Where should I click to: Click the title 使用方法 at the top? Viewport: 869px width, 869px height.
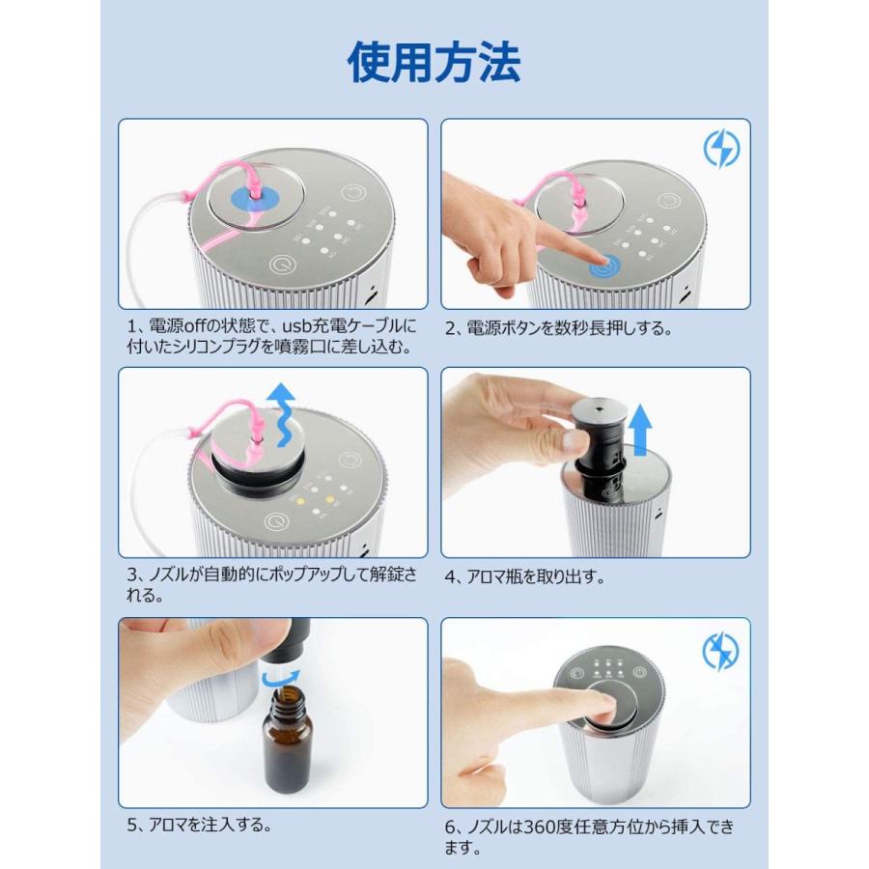(434, 62)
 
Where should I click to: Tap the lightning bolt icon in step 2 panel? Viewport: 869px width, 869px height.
(721, 149)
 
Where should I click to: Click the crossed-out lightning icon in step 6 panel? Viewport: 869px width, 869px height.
(720, 651)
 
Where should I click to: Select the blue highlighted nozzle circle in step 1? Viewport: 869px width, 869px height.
(255, 198)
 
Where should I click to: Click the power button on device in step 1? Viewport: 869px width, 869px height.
(283, 265)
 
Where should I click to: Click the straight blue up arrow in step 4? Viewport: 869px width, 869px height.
(641, 430)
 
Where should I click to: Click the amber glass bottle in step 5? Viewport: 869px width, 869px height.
(287, 739)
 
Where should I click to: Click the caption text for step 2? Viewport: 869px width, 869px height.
(558, 328)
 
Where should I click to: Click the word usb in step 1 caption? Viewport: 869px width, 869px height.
(298, 325)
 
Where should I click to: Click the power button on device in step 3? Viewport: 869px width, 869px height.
(276, 521)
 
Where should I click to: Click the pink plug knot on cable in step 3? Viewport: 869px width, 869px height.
(192, 432)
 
